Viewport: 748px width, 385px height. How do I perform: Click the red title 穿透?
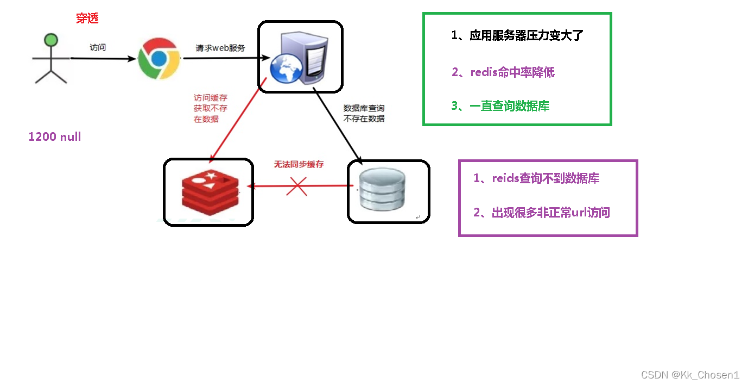pos(87,18)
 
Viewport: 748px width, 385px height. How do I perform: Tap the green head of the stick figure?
pos(51,40)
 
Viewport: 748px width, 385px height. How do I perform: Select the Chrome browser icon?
pos(159,58)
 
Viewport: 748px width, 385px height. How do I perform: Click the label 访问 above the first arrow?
pos(98,47)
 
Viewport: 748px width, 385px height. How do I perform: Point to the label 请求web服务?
pos(220,48)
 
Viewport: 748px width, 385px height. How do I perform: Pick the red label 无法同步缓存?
pos(298,164)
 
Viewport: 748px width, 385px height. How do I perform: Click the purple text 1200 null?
pos(54,137)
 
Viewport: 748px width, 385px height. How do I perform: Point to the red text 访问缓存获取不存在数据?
pos(211,108)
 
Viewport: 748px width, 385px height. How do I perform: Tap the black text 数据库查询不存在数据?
pos(364,114)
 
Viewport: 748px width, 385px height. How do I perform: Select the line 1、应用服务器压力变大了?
pos(517,36)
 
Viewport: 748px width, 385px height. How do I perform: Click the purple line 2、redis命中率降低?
pos(503,72)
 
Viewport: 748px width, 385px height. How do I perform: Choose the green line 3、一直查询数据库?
pos(500,106)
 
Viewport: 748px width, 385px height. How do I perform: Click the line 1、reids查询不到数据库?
pos(536,178)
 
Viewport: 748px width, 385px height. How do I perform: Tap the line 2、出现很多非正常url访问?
pos(542,213)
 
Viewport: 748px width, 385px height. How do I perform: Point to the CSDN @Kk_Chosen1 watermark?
pos(690,375)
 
